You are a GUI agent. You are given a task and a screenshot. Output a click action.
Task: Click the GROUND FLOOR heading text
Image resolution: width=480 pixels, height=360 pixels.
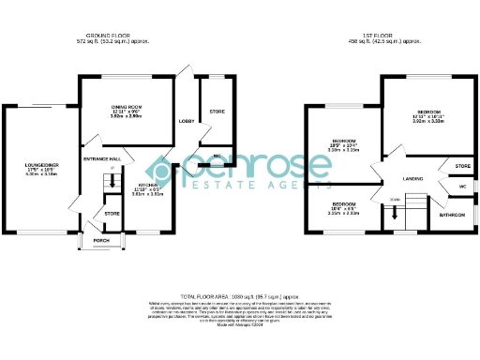tap(115, 37)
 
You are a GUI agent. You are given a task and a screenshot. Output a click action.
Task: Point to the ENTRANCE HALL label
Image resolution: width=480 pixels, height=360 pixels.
tap(101, 160)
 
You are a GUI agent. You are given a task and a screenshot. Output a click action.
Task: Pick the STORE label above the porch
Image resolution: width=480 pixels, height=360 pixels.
tap(112, 214)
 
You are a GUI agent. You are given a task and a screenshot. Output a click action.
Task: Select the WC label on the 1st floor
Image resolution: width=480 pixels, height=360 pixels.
tap(462, 186)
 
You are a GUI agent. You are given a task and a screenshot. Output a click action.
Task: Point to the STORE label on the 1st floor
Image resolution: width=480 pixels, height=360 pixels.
tap(461, 166)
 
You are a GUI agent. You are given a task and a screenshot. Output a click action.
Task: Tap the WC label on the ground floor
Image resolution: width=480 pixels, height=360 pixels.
tap(216, 156)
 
